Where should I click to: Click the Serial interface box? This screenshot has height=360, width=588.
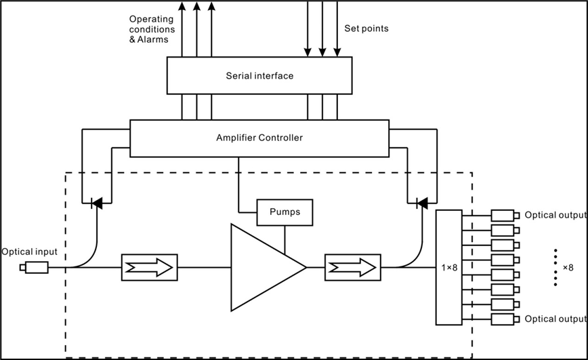tap(259, 75)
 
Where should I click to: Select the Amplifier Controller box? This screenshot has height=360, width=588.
tap(259, 138)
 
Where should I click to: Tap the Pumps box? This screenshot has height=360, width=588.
tap(285, 212)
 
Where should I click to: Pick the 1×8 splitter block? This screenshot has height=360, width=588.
tap(448, 267)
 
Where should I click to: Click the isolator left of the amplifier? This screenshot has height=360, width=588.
tap(150, 267)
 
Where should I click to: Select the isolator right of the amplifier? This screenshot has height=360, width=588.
tap(352, 267)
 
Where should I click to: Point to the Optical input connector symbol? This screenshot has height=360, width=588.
tap(35, 268)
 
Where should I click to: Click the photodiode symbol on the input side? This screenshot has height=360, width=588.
tap(97, 202)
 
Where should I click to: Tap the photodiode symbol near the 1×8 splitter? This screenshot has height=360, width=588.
tap(422, 202)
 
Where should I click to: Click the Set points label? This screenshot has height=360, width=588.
tap(366, 29)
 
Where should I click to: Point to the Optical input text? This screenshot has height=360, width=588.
tap(29, 252)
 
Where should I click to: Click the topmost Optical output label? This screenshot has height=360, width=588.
tap(555, 215)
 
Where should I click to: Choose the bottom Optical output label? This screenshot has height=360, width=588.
tap(555, 319)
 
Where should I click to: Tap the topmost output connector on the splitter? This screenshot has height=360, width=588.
tap(505, 216)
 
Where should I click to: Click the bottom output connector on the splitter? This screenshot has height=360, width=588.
tap(505, 319)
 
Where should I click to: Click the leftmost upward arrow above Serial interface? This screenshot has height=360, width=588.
tap(182, 27)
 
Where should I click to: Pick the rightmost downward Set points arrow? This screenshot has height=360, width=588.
tap(337, 27)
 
